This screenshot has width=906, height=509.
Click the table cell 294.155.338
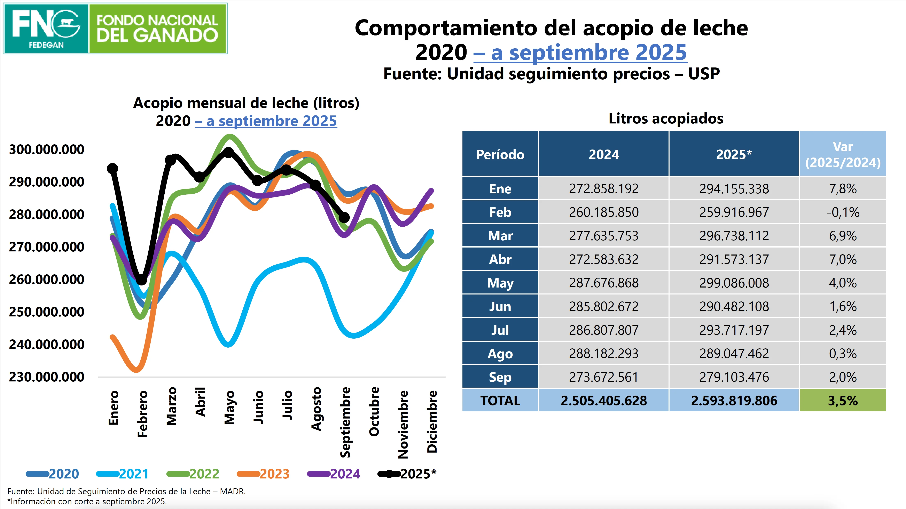[734, 189]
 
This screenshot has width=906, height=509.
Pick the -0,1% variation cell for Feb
[843, 212]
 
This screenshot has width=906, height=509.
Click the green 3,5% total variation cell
[843, 400]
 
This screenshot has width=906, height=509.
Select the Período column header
[500, 154]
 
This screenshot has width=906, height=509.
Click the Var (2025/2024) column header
[843, 154]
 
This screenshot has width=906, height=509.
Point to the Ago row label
[500, 354]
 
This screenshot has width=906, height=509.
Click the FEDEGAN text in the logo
[46, 45]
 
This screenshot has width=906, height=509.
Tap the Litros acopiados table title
[666, 119]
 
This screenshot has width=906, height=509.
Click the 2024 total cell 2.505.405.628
[603, 400]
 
